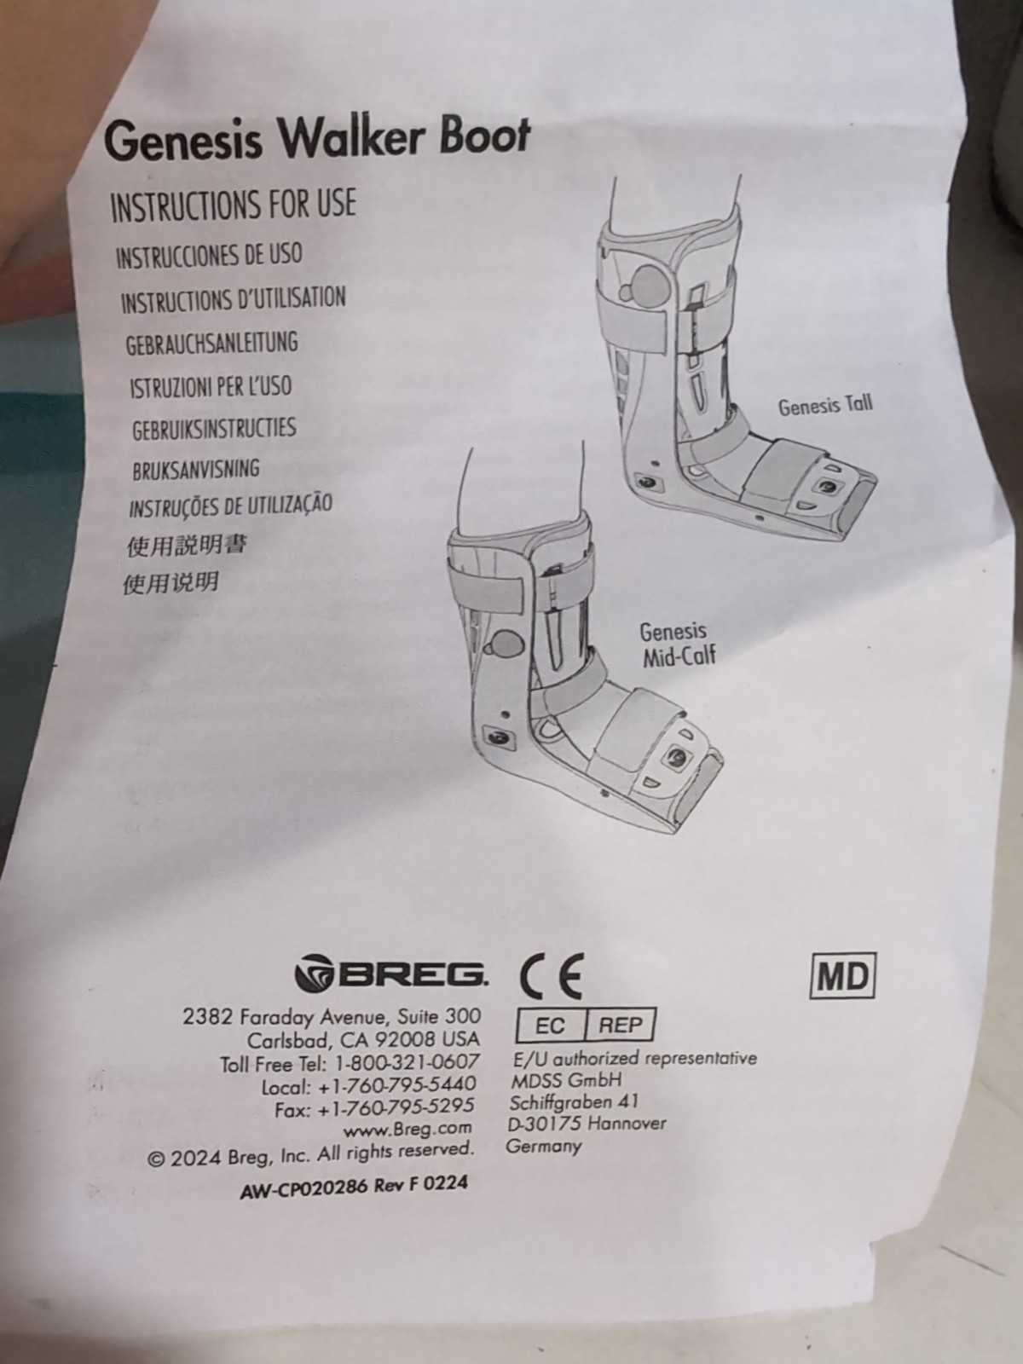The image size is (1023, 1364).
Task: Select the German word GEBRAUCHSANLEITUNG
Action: [x=211, y=343]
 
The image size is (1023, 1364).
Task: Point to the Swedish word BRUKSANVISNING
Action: [x=196, y=469]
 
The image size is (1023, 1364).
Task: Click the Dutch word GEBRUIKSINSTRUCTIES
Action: [x=214, y=428]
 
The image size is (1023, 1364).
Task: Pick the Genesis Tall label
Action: [x=825, y=405]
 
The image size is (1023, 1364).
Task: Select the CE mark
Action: [x=552, y=975]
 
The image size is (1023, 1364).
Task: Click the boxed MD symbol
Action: [x=842, y=976]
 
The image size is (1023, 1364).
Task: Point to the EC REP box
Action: [x=585, y=1025]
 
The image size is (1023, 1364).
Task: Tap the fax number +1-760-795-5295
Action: [x=396, y=1106]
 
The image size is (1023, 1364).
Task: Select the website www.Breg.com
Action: [x=407, y=1128]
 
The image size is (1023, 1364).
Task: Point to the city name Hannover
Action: [x=627, y=1123]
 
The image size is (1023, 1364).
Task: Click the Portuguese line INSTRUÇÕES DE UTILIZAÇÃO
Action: [x=230, y=506]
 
